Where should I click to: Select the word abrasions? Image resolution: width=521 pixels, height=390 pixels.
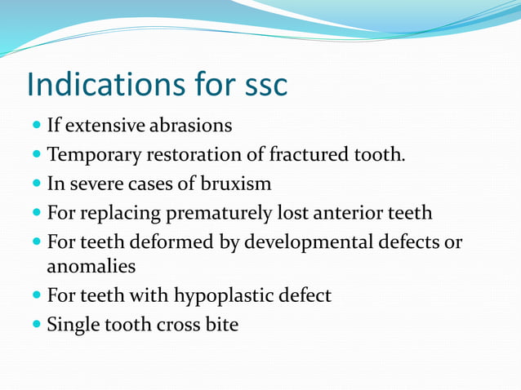[189, 126]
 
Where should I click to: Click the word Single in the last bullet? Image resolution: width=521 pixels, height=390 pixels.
[71, 325]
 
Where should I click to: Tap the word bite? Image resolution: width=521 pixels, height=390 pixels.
[221, 324]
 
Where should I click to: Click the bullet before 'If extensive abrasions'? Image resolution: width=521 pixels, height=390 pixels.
[38, 127]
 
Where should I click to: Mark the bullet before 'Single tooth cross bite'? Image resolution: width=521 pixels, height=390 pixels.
[38, 325]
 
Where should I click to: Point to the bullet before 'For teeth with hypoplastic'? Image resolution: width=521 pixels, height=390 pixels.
[38, 296]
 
